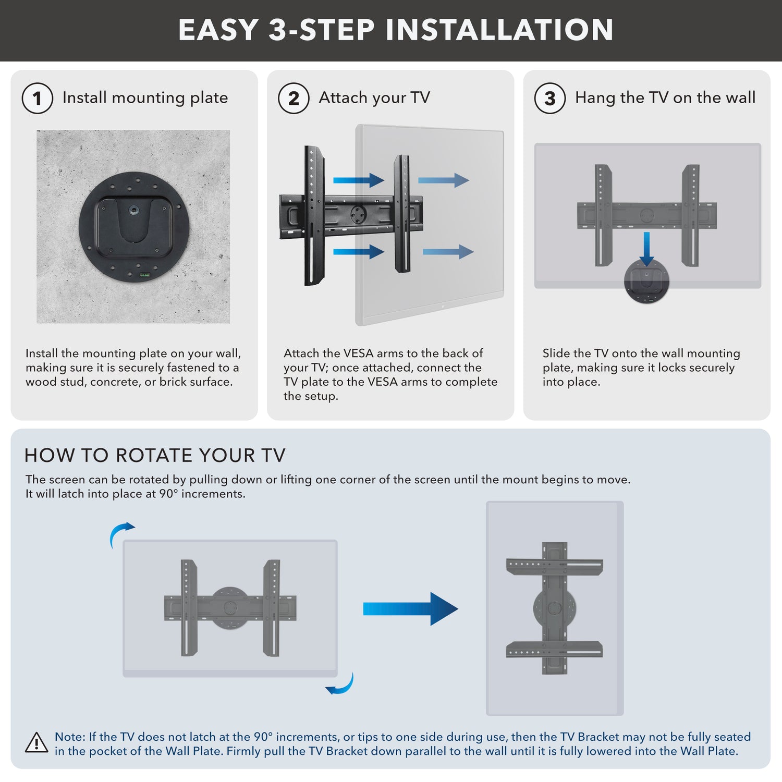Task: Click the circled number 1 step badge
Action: [x=37, y=98]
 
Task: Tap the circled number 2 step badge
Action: [x=294, y=98]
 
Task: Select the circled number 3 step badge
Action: [x=550, y=98]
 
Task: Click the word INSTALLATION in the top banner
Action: [x=499, y=30]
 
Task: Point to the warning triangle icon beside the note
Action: [x=36, y=743]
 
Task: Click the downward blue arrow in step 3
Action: [x=646, y=249]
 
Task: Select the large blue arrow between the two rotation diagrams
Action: [x=410, y=608]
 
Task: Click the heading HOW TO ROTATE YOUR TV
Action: [x=155, y=455]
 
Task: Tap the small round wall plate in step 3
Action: [x=646, y=282]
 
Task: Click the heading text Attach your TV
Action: [x=374, y=97]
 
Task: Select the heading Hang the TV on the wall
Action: [x=665, y=97]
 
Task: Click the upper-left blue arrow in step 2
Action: [x=358, y=180]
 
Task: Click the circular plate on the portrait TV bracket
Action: [x=555, y=608]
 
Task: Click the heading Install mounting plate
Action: [x=145, y=97]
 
